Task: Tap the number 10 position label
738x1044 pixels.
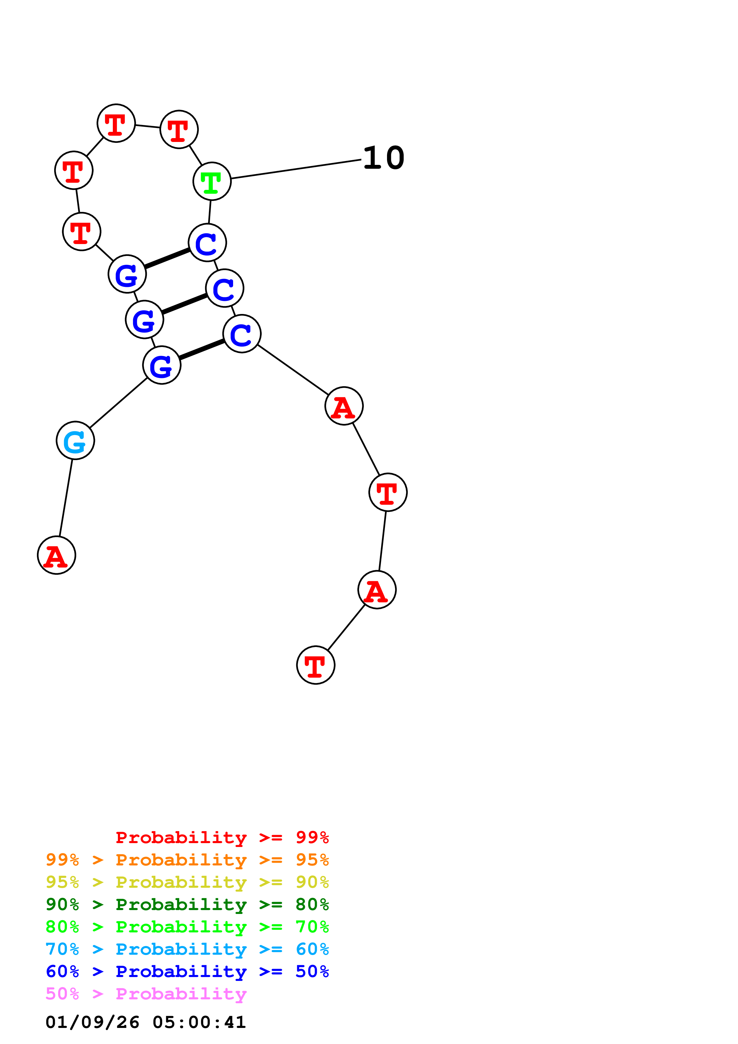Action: tap(383, 158)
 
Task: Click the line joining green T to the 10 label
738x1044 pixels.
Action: tap(296, 169)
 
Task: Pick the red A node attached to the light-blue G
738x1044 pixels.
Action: tap(56, 555)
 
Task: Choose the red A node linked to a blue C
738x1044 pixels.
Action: tap(344, 406)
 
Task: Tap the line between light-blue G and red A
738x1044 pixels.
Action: tap(66, 498)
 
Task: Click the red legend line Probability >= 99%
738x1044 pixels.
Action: tap(222, 837)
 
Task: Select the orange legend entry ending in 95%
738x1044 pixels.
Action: tap(187, 860)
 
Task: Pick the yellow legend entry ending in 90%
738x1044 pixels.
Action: tap(187, 882)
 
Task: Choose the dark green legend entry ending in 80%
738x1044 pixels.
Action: tap(187, 904)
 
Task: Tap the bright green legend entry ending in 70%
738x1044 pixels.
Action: tap(187, 927)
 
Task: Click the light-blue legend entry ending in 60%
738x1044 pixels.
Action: tap(187, 949)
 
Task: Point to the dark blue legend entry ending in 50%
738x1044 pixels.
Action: tap(187, 971)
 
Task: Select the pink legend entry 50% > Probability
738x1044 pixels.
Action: tap(146, 993)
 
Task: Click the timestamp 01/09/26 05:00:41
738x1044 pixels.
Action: tap(146, 1022)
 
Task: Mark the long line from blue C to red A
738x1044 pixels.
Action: tap(293, 370)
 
